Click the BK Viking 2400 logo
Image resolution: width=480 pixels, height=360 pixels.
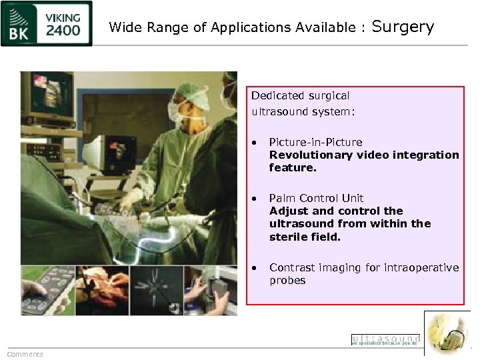[x=47, y=23]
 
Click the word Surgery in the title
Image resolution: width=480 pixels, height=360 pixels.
[x=403, y=27]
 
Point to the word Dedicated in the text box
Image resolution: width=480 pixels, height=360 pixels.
[x=276, y=96]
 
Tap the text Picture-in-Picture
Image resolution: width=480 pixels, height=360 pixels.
[x=315, y=142]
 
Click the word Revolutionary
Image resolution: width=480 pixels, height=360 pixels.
[x=311, y=155]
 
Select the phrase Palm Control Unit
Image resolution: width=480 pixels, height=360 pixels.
[x=316, y=198]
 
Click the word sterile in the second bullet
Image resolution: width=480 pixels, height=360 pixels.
[x=289, y=237]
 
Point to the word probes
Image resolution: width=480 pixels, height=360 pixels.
[x=287, y=281]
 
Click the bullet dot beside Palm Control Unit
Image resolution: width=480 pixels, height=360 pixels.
[x=255, y=198]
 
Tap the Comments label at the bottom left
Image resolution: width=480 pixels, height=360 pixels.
[x=25, y=354]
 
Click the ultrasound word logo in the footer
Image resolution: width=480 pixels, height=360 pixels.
[x=385, y=339]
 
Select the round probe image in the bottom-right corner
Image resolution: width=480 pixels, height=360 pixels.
[x=447, y=333]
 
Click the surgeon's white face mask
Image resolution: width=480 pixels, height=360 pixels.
[x=177, y=109]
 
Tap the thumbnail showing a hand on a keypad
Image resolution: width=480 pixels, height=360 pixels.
[x=47, y=291]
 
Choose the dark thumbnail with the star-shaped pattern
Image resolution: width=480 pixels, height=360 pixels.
[x=156, y=291]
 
